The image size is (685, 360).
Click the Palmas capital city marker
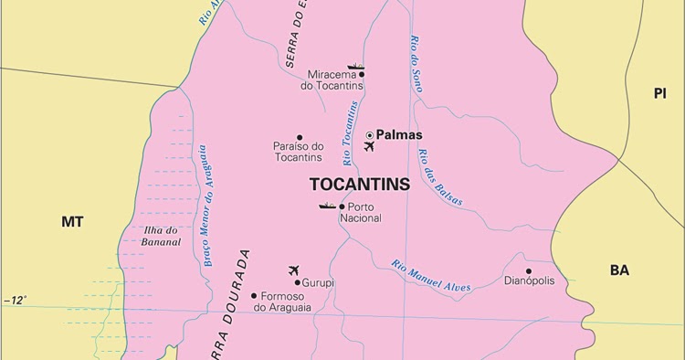tap(370, 135)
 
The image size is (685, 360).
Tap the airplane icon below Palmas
tap(369, 147)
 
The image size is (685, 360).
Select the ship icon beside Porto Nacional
tap(327, 206)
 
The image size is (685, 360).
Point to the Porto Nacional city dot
tap(342, 206)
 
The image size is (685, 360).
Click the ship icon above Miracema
tap(355, 66)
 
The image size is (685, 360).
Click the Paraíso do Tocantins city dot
tap(300, 138)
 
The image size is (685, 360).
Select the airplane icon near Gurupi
tap(293, 270)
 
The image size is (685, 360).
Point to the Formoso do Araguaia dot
tap(255, 295)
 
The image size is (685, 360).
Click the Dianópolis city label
tap(529, 281)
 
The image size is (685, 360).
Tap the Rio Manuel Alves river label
tap(431, 276)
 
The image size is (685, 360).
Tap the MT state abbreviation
tap(71, 222)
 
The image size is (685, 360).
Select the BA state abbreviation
tap(620, 270)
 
